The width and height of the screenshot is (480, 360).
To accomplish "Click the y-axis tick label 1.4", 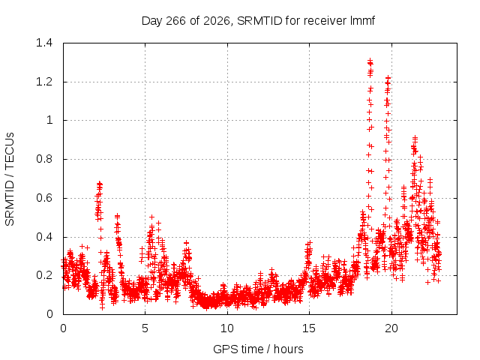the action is [x=44, y=43].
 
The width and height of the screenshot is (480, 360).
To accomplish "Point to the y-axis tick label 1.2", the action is [x=44, y=82].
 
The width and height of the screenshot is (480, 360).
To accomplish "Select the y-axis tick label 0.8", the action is [x=44, y=159].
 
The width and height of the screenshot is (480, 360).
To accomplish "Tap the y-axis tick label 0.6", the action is [x=44, y=198].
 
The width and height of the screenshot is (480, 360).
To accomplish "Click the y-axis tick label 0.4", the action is [x=44, y=237].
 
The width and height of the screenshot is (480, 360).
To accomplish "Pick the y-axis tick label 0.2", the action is [x=44, y=275].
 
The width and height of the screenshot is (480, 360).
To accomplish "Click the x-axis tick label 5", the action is [x=145, y=328].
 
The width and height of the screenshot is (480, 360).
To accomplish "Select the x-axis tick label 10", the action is [x=227, y=328].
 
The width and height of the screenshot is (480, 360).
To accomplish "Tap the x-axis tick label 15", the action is [x=309, y=328].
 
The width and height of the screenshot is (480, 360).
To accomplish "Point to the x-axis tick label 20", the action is [x=391, y=328].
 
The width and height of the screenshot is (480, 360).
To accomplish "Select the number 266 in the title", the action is [x=176, y=21].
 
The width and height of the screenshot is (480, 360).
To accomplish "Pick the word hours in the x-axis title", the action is [x=288, y=349].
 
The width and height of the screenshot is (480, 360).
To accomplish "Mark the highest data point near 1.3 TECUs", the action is [x=370, y=60].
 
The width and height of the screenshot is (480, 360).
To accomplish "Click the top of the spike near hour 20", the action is [x=388, y=78].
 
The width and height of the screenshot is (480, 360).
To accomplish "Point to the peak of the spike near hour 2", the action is [x=99, y=183].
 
